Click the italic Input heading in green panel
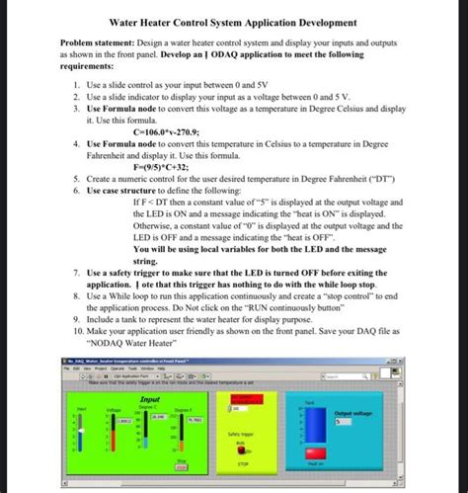(x=151, y=397)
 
